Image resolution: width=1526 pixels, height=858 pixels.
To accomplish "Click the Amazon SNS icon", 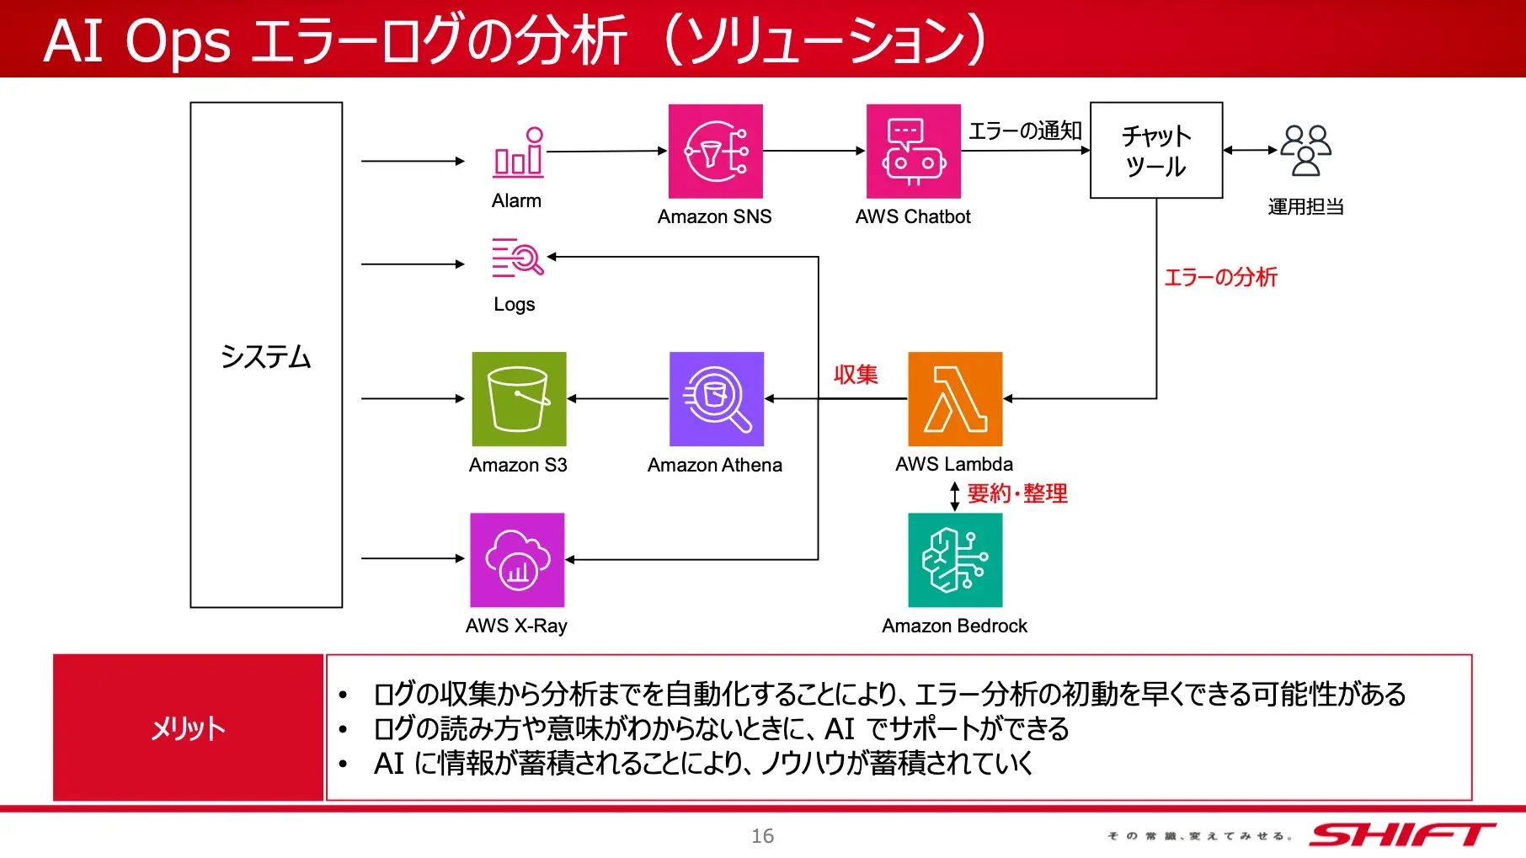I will (715, 152).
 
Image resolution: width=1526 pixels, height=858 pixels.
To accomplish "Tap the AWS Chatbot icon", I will (913, 152).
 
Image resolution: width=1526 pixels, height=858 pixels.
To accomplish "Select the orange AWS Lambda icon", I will (955, 399).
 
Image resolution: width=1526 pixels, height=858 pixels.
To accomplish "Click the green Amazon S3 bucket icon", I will (519, 399).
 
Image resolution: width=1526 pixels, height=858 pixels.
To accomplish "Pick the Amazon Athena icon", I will (716, 399).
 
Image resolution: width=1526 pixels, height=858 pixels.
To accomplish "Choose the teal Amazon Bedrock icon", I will (955, 560).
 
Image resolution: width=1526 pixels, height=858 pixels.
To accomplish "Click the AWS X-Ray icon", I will (517, 560).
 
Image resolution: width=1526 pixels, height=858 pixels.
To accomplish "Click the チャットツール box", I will (1155, 151).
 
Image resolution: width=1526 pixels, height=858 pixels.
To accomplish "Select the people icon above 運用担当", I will (1305, 151).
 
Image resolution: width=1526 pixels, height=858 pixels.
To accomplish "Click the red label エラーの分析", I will (1220, 277).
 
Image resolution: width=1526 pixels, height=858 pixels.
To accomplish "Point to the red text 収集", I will (856, 374).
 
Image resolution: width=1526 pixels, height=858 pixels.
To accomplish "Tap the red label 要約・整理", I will (1017, 493).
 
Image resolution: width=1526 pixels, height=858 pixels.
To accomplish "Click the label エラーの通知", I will (1025, 131).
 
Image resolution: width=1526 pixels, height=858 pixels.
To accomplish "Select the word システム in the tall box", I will (266, 357).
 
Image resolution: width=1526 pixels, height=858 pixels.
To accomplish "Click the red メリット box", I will (188, 727).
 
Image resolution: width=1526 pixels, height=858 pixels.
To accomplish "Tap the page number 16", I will (762, 835).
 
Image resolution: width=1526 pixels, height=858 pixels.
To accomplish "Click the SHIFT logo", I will (1401, 834).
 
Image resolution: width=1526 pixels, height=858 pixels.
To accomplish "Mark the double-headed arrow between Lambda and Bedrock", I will (954, 496).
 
